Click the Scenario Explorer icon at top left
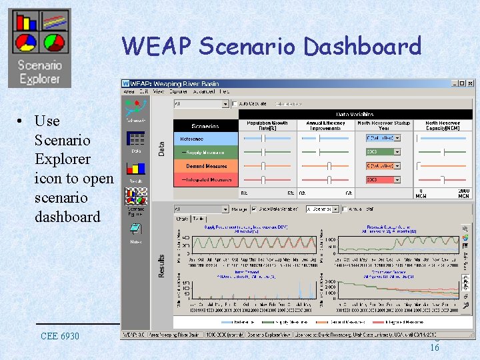[x=39, y=48]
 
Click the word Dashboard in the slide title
[x=362, y=47]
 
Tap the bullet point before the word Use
[x=22, y=121]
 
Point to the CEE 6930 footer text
[x=59, y=335]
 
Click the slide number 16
[x=434, y=347]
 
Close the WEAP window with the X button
[x=471, y=83]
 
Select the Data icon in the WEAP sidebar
[x=136, y=142]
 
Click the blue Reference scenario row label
[x=205, y=139]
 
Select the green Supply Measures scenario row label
[x=205, y=153]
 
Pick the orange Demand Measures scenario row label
[x=205, y=166]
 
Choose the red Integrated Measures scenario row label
[x=205, y=180]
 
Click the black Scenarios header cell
[x=205, y=125]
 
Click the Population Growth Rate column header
[x=267, y=125]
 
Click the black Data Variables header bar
[x=355, y=114]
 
